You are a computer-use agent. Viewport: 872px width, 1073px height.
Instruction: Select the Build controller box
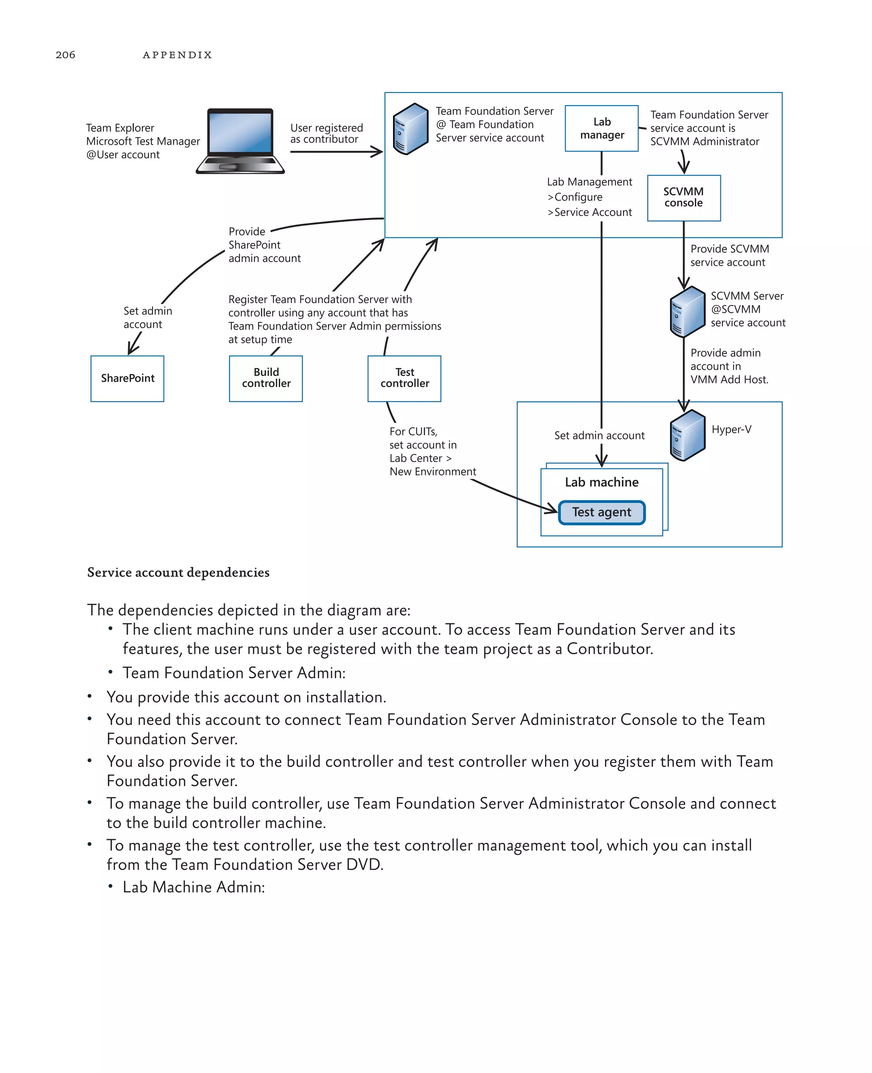pyautogui.click(x=266, y=378)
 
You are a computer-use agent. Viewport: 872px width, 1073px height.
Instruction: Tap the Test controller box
pyautogui.click(x=404, y=378)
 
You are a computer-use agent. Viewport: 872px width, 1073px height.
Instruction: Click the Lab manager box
pyautogui.click(x=601, y=128)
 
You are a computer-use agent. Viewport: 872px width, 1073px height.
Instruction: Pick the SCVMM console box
pyautogui.click(x=684, y=198)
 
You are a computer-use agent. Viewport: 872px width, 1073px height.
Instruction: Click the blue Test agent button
pyautogui.click(x=601, y=512)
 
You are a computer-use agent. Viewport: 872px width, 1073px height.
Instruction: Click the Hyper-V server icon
pyautogui.click(x=687, y=435)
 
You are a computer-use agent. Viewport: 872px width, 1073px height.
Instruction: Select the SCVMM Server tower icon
pyautogui.click(x=687, y=311)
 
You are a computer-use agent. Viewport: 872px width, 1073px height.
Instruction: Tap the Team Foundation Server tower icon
pyautogui.click(x=410, y=129)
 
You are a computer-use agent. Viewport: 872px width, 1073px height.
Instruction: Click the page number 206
pyautogui.click(x=65, y=55)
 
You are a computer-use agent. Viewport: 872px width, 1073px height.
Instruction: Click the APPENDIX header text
pyautogui.click(x=177, y=55)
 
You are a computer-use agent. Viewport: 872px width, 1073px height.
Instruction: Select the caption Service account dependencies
pyautogui.click(x=178, y=572)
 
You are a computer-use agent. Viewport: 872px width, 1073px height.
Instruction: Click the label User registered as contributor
pyautogui.click(x=326, y=134)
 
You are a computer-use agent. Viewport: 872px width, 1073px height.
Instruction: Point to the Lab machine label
pyautogui.click(x=601, y=482)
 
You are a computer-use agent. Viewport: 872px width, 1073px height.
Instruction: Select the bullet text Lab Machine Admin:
pyautogui.click(x=193, y=887)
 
